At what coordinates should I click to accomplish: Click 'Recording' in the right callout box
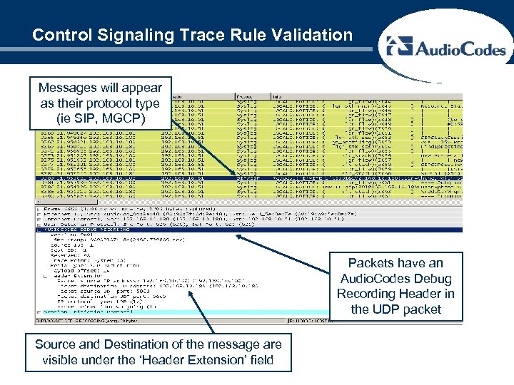pyautogui.click(x=366, y=294)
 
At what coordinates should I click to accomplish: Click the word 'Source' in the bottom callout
pyautogui.click(x=55, y=344)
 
